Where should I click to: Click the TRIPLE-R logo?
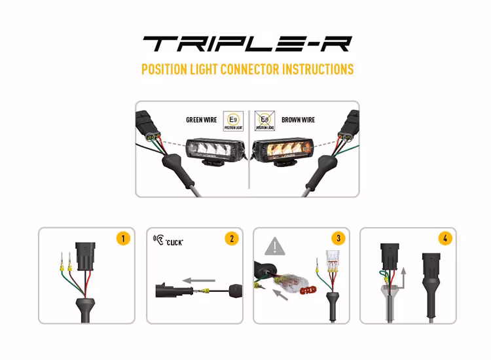[247, 44]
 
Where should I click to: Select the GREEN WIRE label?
[202, 120]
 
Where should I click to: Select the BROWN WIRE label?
[299, 120]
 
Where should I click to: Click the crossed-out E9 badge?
[264, 120]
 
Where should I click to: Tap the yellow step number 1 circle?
[124, 238]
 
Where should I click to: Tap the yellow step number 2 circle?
[231, 238]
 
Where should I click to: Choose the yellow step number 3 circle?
[338, 238]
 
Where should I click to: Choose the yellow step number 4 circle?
[446, 238]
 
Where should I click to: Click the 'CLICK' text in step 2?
[174, 242]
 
